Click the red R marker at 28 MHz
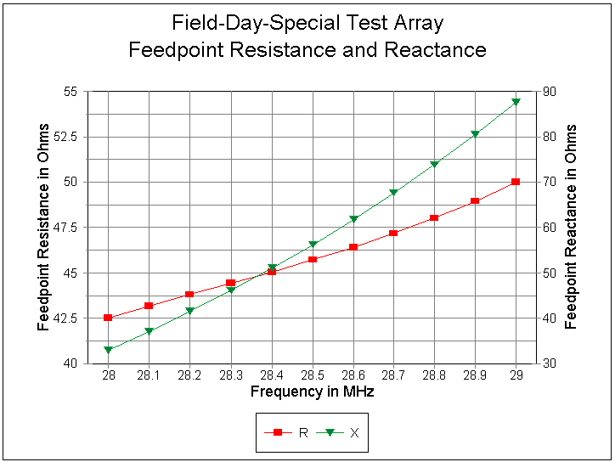point(108,318)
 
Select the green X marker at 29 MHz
point(516,102)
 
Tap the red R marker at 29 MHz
point(516,182)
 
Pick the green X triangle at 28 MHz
point(108,349)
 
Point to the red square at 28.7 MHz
point(393,233)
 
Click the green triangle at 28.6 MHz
point(353,219)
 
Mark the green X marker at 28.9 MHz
point(475,134)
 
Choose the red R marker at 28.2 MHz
point(189,295)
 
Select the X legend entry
point(341,432)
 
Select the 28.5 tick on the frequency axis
point(312,375)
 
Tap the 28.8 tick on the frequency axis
point(434,375)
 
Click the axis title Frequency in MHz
point(312,392)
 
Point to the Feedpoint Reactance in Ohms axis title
point(572,227)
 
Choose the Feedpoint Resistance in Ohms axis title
point(44,227)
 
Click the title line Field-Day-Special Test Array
point(307,23)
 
